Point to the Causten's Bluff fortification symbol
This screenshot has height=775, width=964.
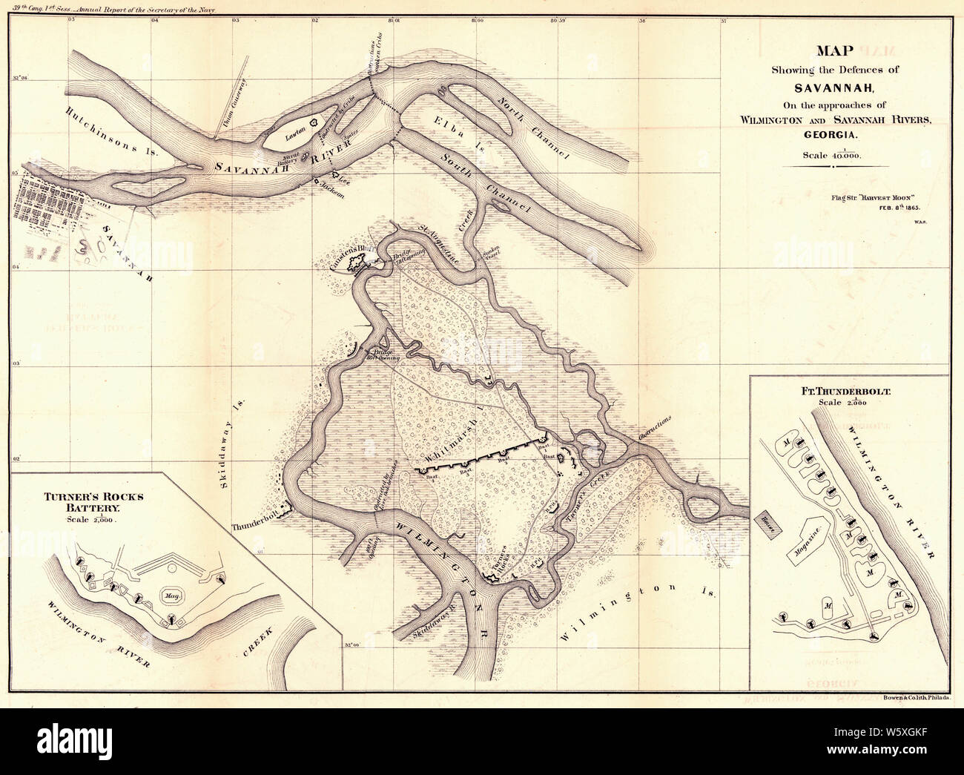pos(354,261)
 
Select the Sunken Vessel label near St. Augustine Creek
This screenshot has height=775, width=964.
pos(491,255)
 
